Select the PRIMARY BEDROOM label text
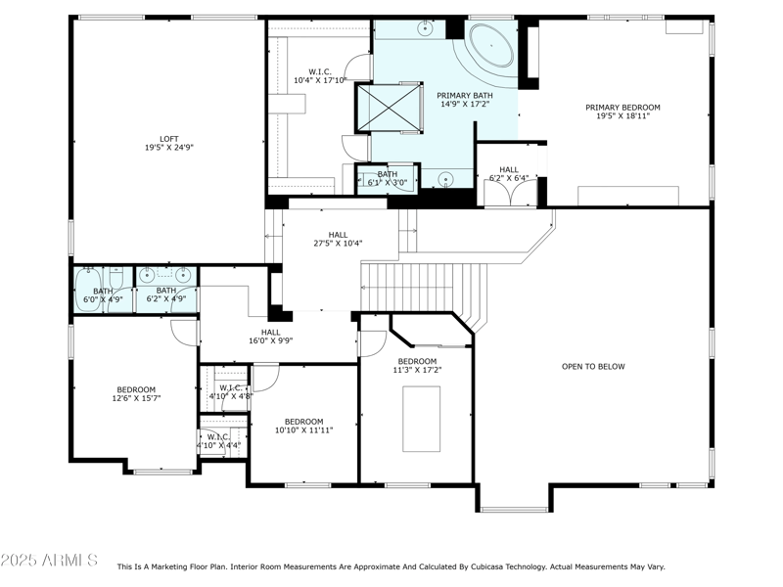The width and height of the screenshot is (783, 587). (622, 108)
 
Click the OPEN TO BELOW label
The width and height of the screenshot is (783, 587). (593, 367)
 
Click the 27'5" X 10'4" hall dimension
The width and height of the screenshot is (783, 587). (338, 244)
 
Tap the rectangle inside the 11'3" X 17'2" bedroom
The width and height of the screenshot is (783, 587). (421, 419)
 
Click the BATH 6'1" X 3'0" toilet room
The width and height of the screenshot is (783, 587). (387, 178)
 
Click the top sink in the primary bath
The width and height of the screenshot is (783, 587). (428, 29)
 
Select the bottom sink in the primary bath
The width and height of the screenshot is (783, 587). (445, 179)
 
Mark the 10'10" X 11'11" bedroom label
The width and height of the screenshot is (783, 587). (303, 426)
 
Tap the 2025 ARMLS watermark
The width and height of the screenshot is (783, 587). (49, 561)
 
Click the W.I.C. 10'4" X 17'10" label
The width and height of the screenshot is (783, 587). (319, 75)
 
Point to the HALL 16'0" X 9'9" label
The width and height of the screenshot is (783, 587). (270, 337)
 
